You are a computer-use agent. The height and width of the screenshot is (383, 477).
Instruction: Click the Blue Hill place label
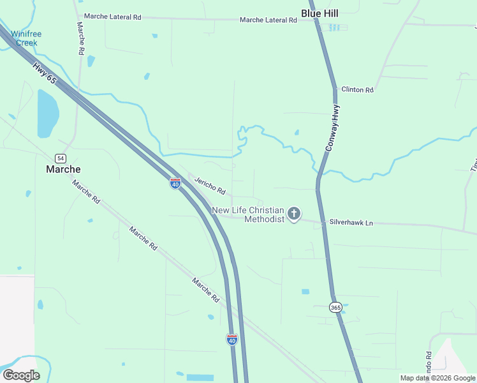319,13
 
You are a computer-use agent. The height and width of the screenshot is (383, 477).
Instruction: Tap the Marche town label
63,169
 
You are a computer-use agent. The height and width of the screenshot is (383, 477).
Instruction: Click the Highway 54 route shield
60,158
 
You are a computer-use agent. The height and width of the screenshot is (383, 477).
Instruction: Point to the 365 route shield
336,307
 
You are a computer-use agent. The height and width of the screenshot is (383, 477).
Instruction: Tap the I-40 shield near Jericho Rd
175,183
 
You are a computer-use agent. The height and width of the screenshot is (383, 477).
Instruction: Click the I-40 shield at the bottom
232,340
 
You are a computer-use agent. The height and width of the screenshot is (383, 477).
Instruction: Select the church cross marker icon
293,214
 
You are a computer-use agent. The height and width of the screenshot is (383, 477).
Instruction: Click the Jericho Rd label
210,186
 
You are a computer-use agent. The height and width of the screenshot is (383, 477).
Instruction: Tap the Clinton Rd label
357,90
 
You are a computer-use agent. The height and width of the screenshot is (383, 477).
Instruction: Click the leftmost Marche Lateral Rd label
112,17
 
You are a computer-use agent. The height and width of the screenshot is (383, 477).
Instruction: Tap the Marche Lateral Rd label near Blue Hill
268,20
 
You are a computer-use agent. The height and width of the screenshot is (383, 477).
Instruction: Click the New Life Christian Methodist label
247,214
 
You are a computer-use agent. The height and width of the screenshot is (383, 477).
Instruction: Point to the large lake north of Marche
47,114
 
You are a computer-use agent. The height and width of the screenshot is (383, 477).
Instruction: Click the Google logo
21,375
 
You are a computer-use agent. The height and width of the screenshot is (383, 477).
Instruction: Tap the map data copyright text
437,378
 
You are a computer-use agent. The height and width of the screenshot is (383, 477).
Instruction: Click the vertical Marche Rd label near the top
80,38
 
